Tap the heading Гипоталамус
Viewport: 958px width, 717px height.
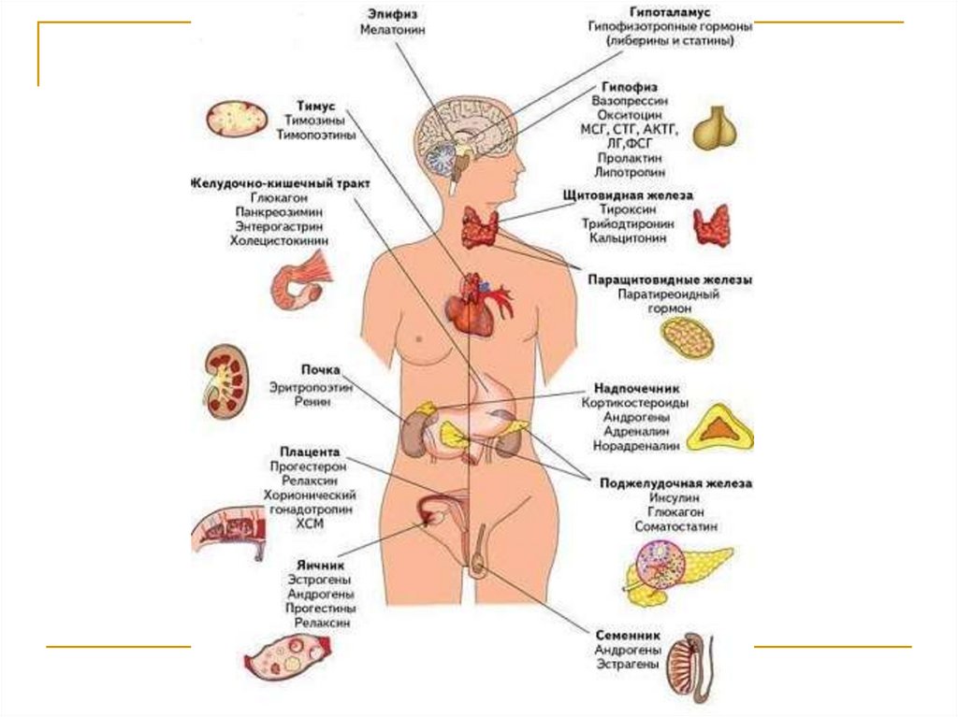click(x=671, y=11)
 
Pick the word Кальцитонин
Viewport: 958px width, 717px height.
click(x=628, y=238)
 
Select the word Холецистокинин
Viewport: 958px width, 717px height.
click(x=281, y=241)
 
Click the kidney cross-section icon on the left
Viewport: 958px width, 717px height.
click(x=225, y=380)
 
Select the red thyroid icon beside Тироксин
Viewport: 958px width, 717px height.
click(x=711, y=226)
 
